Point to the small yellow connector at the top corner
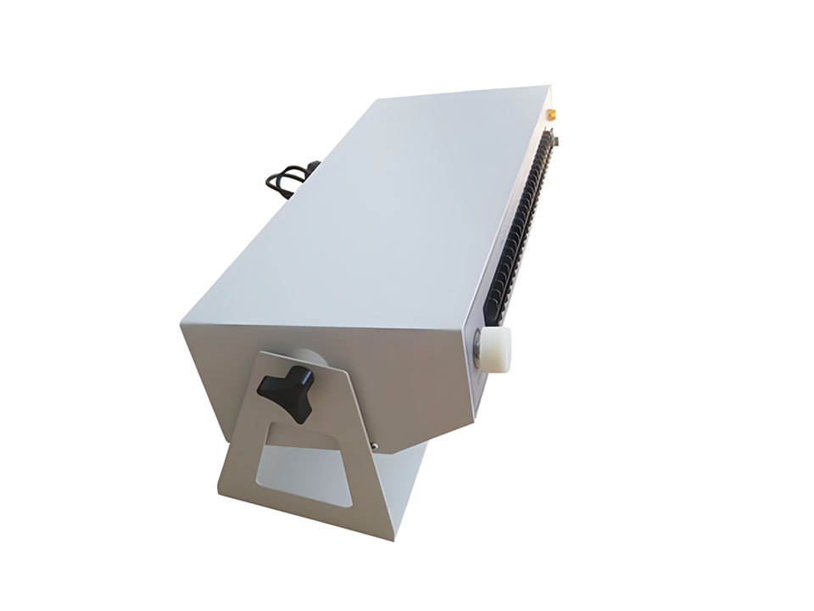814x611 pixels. coord(550,112)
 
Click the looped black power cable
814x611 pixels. coord(284,179)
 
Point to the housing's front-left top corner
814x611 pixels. coord(181,326)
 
